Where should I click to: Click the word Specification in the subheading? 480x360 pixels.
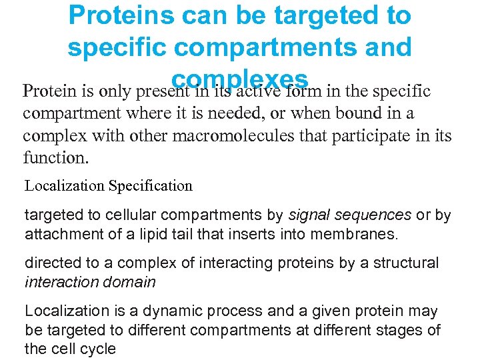coord(151,186)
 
